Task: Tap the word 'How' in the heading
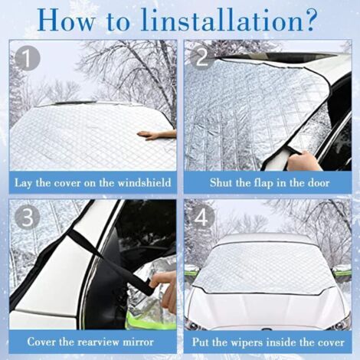[64, 18]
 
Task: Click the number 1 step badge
[27, 58]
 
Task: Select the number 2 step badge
[201, 58]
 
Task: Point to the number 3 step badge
[27, 218]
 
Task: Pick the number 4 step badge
[201, 218]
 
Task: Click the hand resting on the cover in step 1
[156, 135]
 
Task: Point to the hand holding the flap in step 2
[305, 162]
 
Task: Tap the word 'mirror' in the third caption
[138, 341]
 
